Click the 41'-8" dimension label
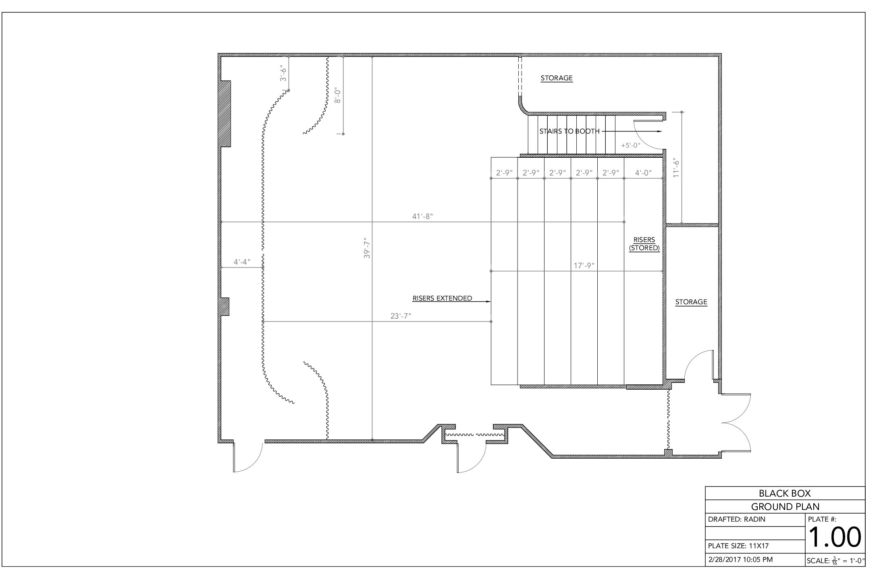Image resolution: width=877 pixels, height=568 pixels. point(422,217)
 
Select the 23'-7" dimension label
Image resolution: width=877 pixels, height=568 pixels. point(401,316)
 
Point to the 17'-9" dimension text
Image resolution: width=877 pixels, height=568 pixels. point(584,266)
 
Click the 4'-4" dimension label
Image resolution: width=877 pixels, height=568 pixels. point(242,262)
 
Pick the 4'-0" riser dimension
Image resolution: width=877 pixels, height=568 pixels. point(643,173)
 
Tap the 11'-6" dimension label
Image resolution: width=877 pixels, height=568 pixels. point(676,167)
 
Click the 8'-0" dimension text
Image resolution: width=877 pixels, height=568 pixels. point(338,95)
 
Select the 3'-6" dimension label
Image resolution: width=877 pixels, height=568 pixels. point(284,73)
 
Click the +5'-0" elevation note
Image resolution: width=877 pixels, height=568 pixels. point(631,145)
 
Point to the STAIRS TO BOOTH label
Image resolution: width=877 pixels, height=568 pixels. point(569,131)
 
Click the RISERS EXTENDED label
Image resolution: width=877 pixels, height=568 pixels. point(442,299)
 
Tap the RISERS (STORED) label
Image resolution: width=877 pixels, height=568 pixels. point(644,244)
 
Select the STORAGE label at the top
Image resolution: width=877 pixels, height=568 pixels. point(557,78)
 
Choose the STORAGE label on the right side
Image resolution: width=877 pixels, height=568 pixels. point(691,302)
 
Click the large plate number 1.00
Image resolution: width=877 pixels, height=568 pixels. point(835,537)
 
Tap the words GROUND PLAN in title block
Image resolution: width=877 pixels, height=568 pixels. point(785,507)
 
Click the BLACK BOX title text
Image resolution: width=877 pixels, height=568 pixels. point(785,493)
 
